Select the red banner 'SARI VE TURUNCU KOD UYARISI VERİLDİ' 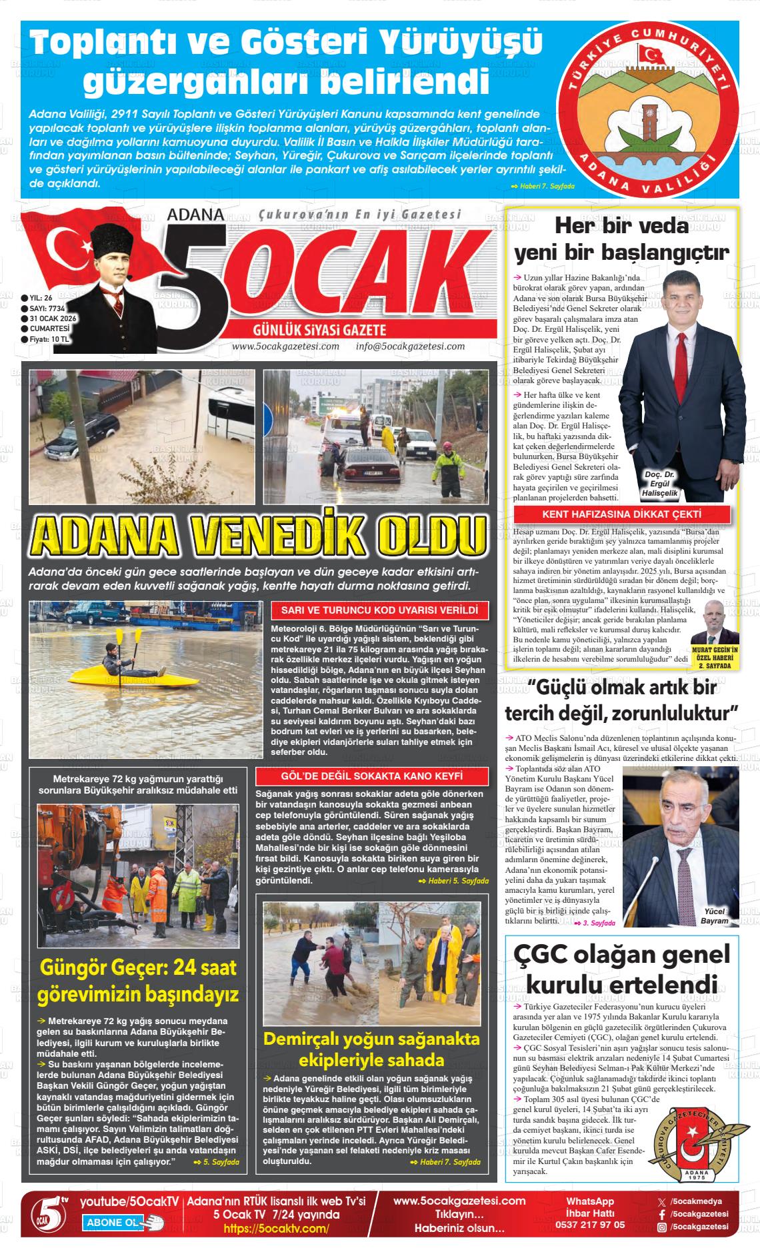(379, 610)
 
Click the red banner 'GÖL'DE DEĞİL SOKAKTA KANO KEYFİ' (372, 776)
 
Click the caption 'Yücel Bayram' (715, 916)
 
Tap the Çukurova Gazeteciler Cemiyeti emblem (687, 1145)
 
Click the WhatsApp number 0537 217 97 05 (590, 1224)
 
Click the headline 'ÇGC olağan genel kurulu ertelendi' (622, 970)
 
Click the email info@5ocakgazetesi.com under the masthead (410, 346)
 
